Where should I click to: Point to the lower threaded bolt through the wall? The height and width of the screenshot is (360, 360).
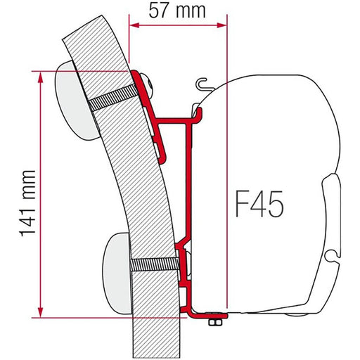155,264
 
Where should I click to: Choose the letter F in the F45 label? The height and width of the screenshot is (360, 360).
238,206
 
